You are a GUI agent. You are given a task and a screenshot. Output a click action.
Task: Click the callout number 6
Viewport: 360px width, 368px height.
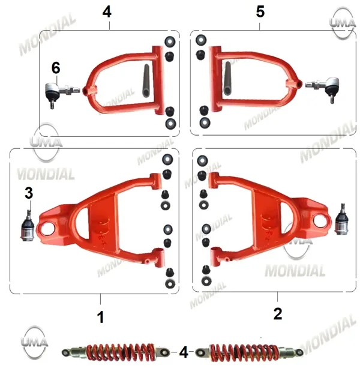pos(56,68)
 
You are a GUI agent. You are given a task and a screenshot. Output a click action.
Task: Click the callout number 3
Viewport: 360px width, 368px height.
pos(29,193)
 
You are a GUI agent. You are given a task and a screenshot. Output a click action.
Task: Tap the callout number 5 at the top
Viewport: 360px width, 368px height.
pos(260,12)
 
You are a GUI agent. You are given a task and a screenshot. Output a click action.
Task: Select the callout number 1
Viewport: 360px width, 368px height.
pos(100,317)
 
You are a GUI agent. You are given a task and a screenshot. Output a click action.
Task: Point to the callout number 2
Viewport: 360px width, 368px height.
pos(278,314)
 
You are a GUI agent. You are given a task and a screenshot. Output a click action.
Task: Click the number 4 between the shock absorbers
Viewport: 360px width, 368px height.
pos(184,352)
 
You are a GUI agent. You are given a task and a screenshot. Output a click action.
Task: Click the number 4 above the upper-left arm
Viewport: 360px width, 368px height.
pos(107,12)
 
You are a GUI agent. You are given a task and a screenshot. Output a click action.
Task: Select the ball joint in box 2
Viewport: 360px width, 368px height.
pos(342,219)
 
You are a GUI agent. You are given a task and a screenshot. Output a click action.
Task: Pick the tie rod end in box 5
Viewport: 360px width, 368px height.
pos(323,88)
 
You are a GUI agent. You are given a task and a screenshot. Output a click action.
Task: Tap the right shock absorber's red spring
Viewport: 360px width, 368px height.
pos(244,352)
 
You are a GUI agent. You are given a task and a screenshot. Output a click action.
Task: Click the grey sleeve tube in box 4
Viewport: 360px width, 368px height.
pos(146,80)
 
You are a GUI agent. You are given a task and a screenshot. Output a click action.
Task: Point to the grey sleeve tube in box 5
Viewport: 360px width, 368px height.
pos(227,79)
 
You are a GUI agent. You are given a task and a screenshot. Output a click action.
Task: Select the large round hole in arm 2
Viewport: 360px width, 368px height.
pos(320,220)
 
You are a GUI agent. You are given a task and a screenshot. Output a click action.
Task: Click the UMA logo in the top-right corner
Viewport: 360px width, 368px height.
pos(343,23)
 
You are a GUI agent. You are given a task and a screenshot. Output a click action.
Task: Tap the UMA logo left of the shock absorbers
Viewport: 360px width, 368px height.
pos(34,342)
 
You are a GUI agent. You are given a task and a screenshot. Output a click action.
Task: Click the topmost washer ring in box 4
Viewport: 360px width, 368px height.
pos(170,42)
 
